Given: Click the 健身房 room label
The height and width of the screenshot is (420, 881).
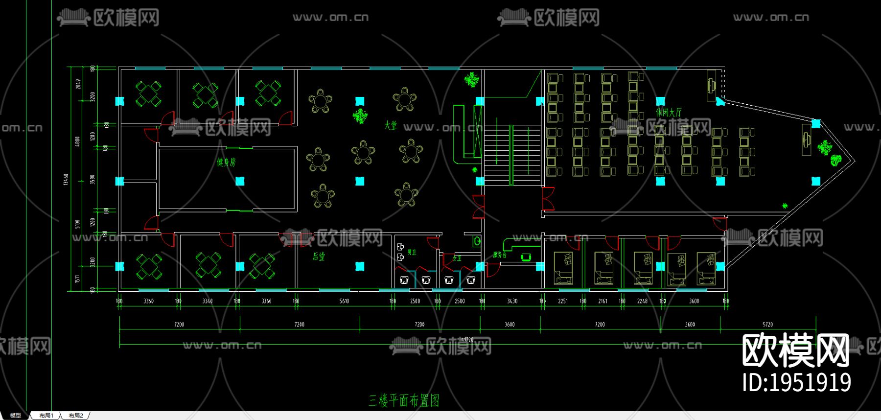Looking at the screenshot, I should [x=226, y=162].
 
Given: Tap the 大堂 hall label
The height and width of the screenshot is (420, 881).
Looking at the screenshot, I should [x=391, y=125].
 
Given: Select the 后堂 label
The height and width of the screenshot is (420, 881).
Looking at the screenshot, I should [x=319, y=256].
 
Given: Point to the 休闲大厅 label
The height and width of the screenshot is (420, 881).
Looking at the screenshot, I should [x=669, y=112].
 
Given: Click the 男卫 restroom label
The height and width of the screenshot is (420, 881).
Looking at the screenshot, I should [x=412, y=252].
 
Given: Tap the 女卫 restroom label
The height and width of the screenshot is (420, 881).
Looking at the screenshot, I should [x=457, y=258].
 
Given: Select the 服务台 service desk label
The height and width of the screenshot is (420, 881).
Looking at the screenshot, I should [x=500, y=255].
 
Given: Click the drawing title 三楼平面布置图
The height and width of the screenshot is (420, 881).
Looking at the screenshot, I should [x=404, y=400].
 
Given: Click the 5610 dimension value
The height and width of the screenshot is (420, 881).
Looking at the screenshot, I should [x=344, y=301].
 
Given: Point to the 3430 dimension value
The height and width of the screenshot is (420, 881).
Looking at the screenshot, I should [x=512, y=301].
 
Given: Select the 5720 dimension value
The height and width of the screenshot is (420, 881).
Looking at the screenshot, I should [x=767, y=324].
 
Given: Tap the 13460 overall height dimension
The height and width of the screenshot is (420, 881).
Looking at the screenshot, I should [x=66, y=179].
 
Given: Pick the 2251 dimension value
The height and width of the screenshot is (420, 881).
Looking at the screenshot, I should [x=563, y=301].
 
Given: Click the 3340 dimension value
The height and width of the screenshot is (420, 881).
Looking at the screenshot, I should [x=208, y=301].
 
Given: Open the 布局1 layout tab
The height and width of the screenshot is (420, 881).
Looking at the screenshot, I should [x=46, y=416].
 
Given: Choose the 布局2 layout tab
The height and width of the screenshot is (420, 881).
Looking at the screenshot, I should [x=76, y=416].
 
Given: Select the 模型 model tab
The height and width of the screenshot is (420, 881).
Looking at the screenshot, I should [x=16, y=416].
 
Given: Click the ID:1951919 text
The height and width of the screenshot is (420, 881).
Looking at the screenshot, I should [x=796, y=382].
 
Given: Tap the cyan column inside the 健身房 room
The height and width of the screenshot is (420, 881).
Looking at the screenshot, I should [x=240, y=181].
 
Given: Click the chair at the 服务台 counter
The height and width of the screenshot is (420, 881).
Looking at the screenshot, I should [x=526, y=257].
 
